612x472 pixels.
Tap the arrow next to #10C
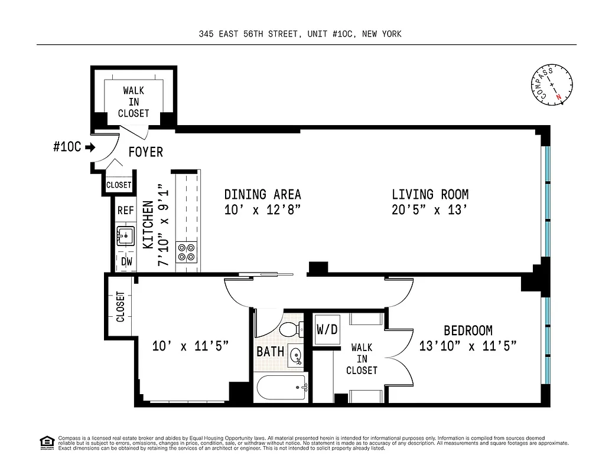tap(89, 147)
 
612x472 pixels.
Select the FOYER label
tap(146, 152)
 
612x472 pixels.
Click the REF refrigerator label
tap(126, 210)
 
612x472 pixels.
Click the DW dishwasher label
tap(126, 261)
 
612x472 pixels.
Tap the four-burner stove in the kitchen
tap(187, 252)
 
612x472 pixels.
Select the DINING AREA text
tap(262, 194)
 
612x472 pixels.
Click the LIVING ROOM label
tap(430, 194)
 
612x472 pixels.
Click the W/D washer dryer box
tap(327, 329)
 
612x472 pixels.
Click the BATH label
tap(270, 352)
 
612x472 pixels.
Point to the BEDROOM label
tap(468, 331)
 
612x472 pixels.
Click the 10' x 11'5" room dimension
tap(183, 346)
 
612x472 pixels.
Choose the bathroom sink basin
tap(296, 354)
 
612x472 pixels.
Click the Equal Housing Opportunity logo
tap(46, 442)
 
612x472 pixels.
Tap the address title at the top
tap(300, 34)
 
